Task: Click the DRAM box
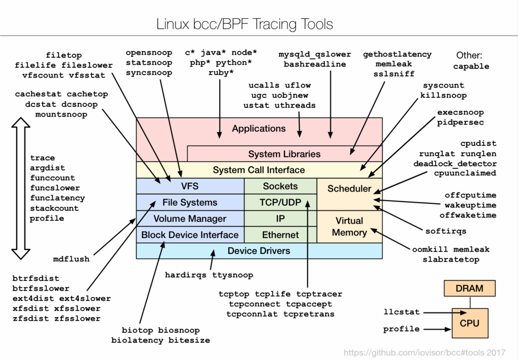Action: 470,288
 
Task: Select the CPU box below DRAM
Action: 470,323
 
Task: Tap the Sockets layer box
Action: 281,186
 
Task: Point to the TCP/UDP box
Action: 281,203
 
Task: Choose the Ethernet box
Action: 281,235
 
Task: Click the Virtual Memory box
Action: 349,227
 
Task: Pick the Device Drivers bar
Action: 259,251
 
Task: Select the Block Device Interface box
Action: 190,235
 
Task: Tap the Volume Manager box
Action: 190,218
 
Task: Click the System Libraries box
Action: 284,154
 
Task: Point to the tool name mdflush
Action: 71,259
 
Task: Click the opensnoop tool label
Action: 149,53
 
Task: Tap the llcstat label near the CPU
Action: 401,312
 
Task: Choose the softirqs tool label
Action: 446,231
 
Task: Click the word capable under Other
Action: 471,67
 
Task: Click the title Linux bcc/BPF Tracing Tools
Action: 245,24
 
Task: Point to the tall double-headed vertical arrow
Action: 21,188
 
